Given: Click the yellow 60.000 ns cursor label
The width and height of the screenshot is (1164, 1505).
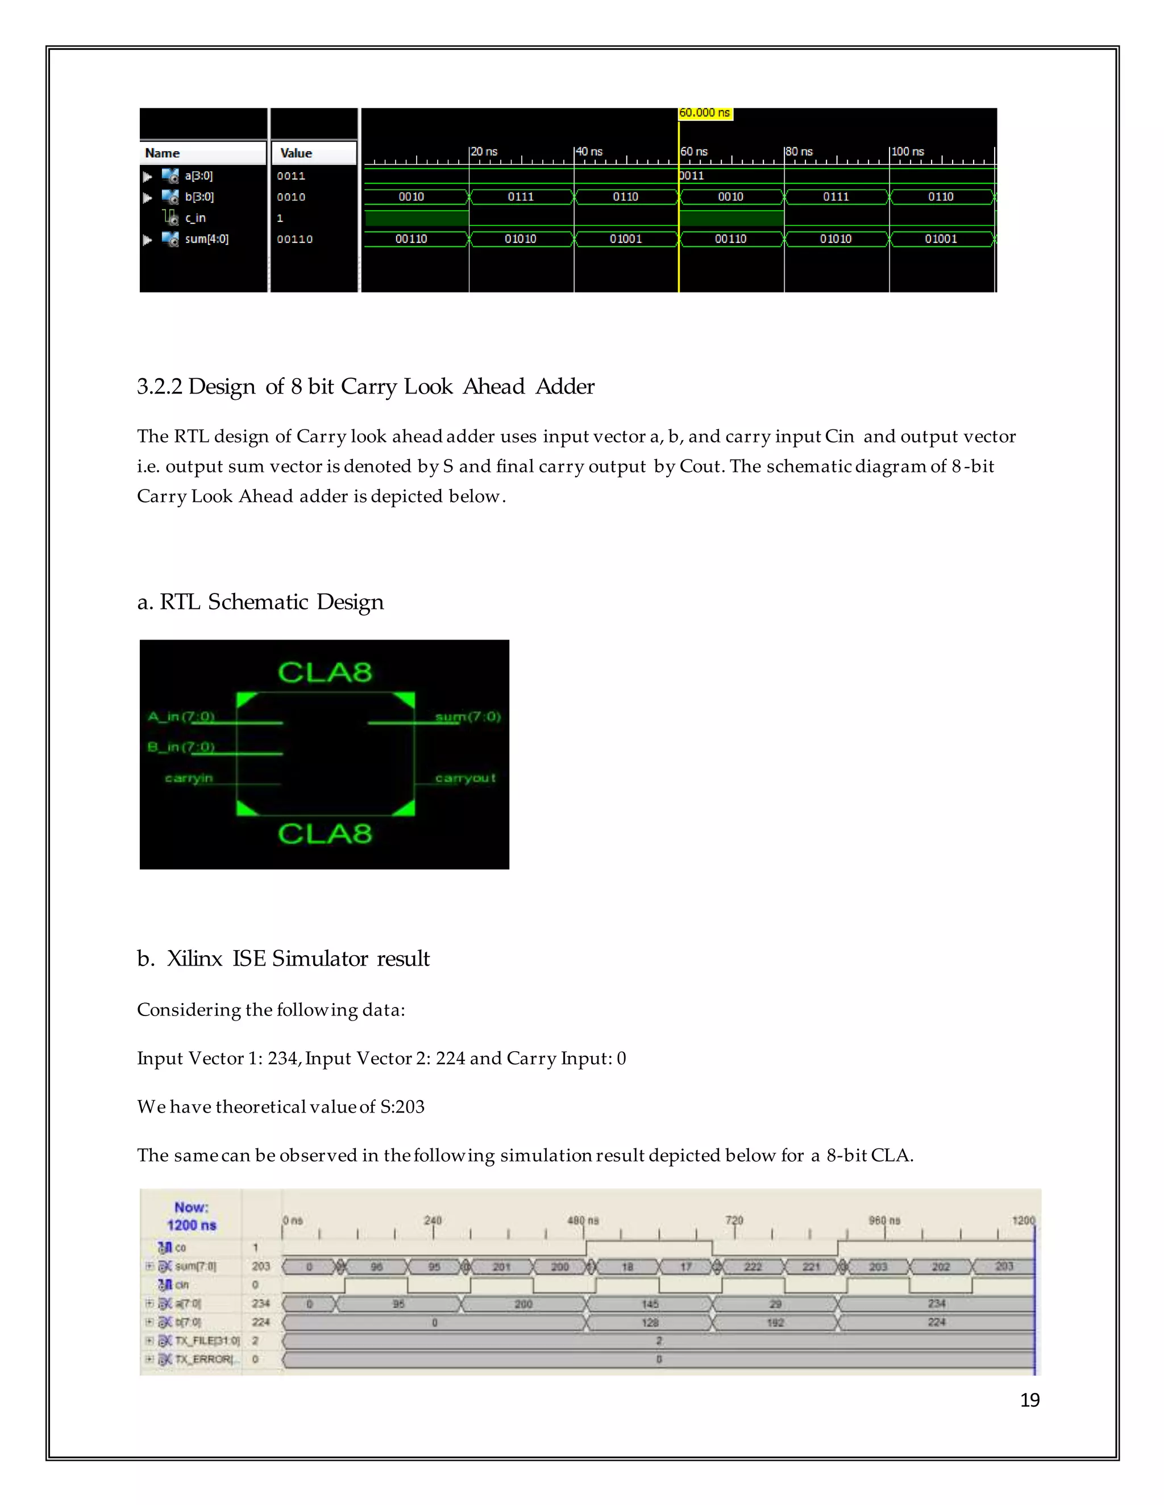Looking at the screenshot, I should tap(705, 113).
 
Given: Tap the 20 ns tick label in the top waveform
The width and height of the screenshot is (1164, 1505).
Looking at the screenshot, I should tap(484, 152).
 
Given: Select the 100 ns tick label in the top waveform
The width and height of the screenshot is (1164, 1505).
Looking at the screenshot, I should tap(908, 152).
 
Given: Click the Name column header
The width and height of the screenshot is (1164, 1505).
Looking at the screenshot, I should tap(163, 153).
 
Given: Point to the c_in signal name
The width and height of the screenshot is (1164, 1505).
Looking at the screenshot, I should tap(195, 218).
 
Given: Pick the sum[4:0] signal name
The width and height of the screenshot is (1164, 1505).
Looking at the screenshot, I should tap(206, 239).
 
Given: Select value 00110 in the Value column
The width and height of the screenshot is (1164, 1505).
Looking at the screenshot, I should tap(294, 239).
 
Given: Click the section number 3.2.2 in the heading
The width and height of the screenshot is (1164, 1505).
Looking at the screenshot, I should tap(159, 387).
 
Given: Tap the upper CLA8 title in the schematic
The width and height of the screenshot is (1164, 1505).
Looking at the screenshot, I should tap(325, 672).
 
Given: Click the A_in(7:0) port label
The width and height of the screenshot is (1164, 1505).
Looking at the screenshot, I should tap(181, 717).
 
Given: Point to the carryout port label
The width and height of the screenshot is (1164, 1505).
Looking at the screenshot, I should tap(465, 778).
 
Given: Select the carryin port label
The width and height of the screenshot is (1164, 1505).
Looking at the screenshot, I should tap(189, 778).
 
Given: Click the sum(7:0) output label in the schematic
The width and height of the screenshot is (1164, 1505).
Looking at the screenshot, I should tap(468, 717).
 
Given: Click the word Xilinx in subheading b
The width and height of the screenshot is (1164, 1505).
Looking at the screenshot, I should tap(194, 959).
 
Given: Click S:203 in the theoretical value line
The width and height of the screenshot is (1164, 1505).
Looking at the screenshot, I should tap(402, 1107).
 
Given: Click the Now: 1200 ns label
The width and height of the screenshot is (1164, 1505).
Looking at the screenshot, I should tap(192, 1216).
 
